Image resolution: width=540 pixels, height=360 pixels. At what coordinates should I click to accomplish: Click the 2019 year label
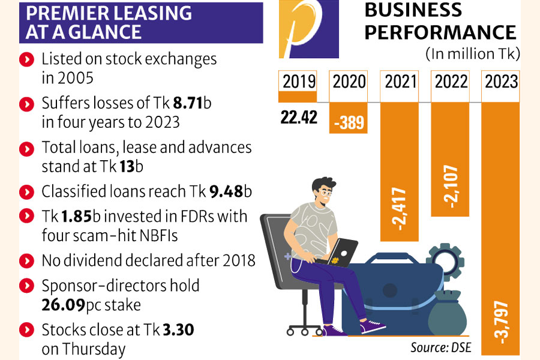click(299, 81)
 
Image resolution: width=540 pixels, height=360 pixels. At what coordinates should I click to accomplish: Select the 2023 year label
click(502, 81)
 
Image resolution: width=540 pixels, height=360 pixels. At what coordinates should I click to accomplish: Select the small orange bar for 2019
click(298, 97)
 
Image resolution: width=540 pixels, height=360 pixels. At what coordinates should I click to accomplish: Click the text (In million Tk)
click(473, 54)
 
